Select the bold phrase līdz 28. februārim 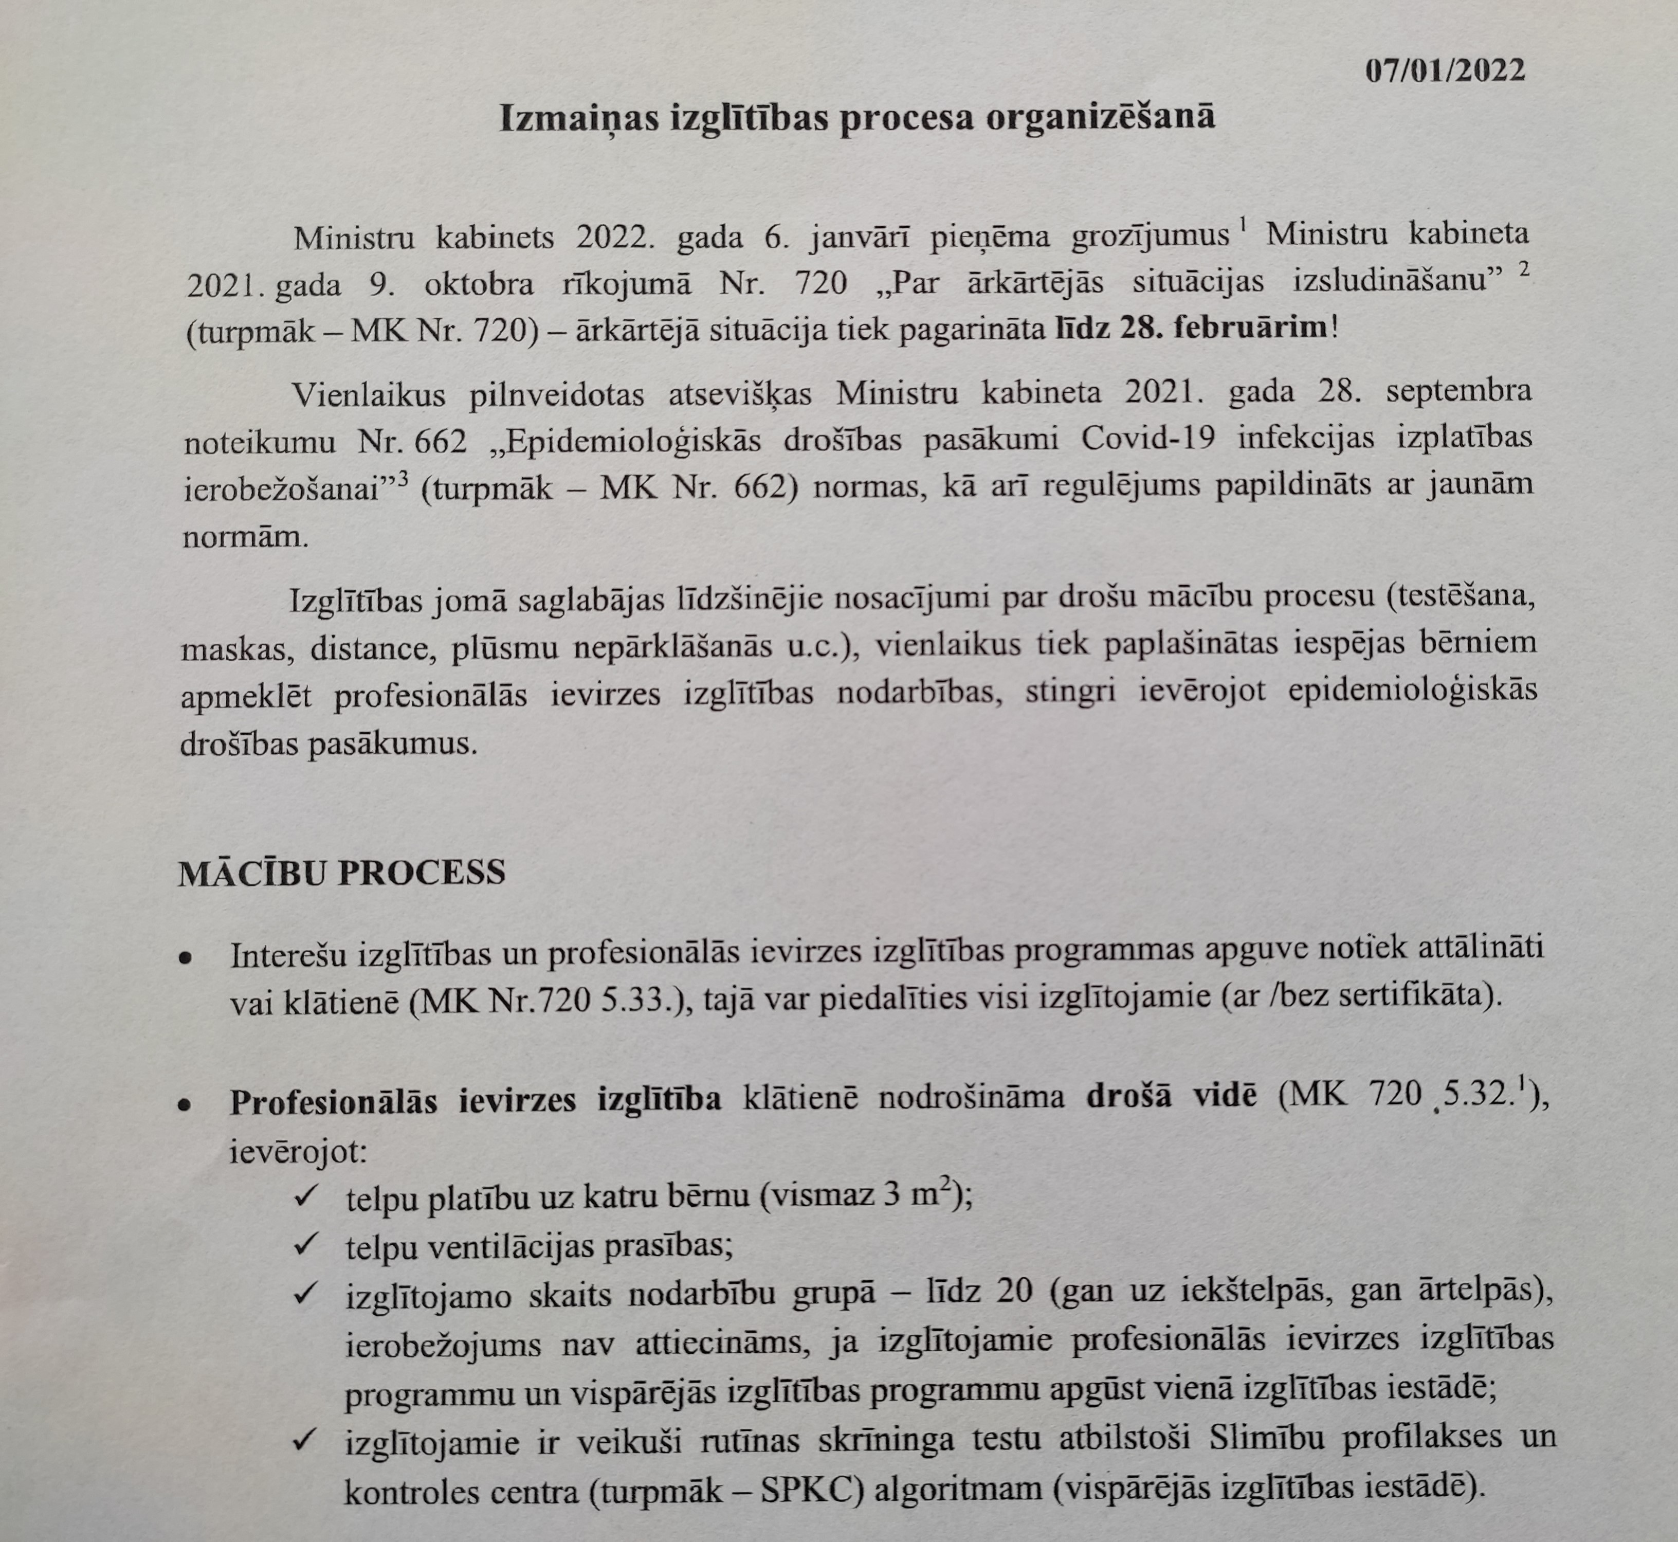[1192, 327]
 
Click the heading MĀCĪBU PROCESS [342, 873]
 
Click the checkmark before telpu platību [304, 1196]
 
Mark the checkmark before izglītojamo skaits [304, 1294]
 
